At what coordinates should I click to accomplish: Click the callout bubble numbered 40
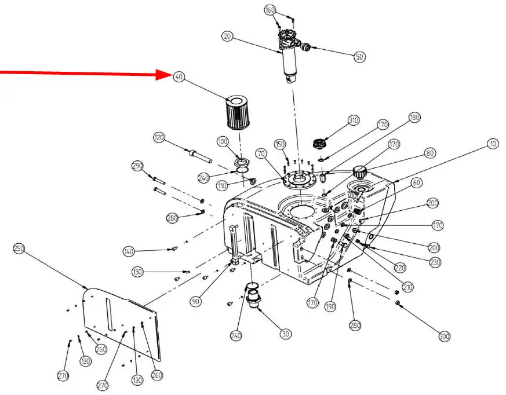coord(179,77)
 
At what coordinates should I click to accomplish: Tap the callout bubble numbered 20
coord(227,36)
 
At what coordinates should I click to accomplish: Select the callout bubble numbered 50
coord(360,56)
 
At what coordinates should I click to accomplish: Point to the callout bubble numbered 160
coord(270,10)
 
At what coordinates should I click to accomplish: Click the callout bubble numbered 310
coord(354,120)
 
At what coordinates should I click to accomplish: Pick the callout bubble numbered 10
coord(493,144)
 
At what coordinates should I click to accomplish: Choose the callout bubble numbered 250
coord(19,248)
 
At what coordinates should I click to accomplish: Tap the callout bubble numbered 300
coord(445,337)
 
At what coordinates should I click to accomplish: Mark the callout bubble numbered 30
coord(286,334)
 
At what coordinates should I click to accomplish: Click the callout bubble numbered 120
coord(159,138)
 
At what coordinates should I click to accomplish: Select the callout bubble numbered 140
coord(129,251)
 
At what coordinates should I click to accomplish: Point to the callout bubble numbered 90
coord(196,301)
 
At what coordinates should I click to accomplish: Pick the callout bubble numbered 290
coord(137,166)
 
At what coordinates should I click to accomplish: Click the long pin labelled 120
coord(199,155)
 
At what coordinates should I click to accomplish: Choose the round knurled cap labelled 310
coord(321,142)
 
